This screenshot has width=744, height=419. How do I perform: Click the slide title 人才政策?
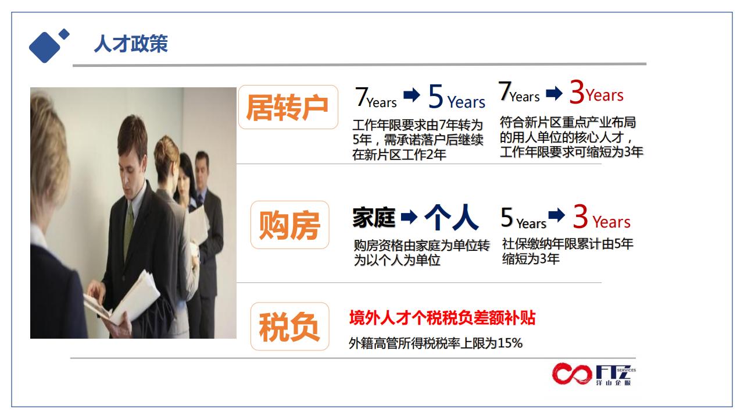pyautogui.click(x=131, y=44)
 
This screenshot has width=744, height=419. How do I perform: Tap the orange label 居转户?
pyautogui.click(x=287, y=108)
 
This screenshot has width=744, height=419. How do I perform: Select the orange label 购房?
pyautogui.click(x=289, y=225)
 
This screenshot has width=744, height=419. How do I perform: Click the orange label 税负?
pyautogui.click(x=289, y=327)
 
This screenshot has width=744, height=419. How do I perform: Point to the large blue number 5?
pyautogui.click(x=436, y=96)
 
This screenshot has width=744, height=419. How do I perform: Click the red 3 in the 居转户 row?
pyautogui.click(x=577, y=92)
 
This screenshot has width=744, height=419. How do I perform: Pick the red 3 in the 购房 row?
pyautogui.click(x=580, y=216)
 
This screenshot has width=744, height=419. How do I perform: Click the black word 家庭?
pyautogui.click(x=374, y=218)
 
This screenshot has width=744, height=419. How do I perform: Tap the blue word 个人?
pyautogui.click(x=452, y=217)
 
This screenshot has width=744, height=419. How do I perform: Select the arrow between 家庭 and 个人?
pyautogui.click(x=409, y=217)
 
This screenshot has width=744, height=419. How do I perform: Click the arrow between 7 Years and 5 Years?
pyautogui.click(x=412, y=95)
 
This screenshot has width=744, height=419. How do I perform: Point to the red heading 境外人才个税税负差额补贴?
pyautogui.click(x=442, y=318)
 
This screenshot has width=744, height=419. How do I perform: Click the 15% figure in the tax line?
pyautogui.click(x=510, y=343)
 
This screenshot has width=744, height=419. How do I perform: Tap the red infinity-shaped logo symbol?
pyautogui.click(x=572, y=374)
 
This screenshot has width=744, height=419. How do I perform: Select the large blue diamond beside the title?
pyautogui.click(x=45, y=47)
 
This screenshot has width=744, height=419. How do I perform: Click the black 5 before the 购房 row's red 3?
pyautogui.click(x=507, y=218)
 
